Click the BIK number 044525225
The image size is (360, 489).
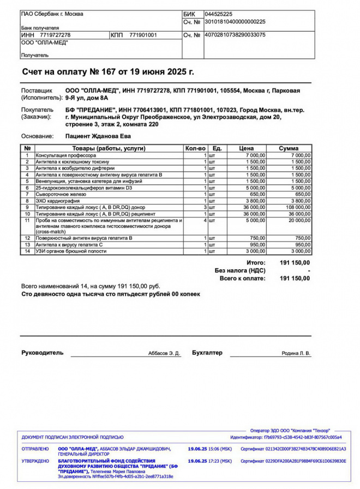tap(218, 14)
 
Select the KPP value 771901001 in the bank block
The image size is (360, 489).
tap(143, 35)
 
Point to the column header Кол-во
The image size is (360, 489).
tap(195, 148)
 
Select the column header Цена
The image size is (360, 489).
tap(247, 148)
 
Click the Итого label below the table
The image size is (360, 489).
tap(256, 263)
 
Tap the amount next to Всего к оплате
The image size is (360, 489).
tap(295, 278)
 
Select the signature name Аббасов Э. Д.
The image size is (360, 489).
tap(164, 353)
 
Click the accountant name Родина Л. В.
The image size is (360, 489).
tap(296, 353)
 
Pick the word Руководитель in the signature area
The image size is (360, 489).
tap(42, 353)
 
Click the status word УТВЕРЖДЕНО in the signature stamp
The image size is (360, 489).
tap(35, 461)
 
